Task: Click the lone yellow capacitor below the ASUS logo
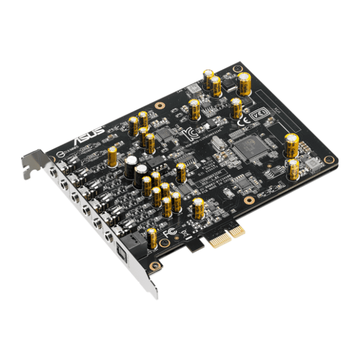tap(112, 157)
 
